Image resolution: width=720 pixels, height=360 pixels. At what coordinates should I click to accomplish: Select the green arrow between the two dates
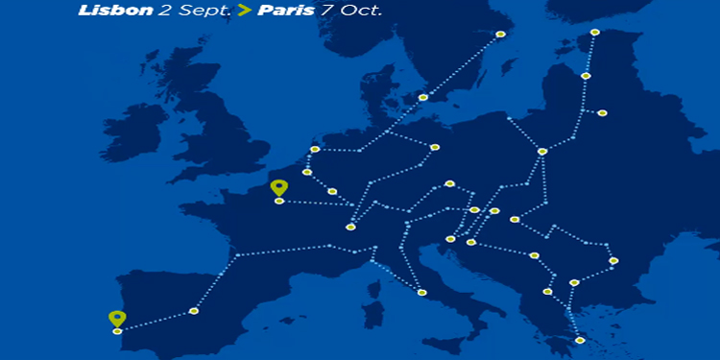click(244, 12)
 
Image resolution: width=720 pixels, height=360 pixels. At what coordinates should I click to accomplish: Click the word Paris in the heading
click(288, 12)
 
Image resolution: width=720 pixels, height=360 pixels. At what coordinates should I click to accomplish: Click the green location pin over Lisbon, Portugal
click(117, 319)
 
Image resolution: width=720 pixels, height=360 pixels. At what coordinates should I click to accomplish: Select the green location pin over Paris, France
click(279, 188)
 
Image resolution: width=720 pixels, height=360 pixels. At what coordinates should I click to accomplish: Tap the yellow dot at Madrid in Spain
click(194, 311)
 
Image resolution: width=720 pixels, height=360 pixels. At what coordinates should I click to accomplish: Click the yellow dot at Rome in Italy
click(422, 292)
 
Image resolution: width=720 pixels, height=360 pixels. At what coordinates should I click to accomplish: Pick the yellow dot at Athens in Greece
click(580, 340)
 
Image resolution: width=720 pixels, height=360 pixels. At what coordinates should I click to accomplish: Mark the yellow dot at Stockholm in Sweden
click(500, 35)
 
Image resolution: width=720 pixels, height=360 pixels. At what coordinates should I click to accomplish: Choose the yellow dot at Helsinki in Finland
click(595, 33)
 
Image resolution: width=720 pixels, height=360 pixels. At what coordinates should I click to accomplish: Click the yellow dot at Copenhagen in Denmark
click(423, 97)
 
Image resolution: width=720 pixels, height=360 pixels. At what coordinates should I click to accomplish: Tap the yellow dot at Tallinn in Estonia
click(586, 76)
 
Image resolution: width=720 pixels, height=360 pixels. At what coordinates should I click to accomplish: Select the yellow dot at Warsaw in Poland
click(542, 151)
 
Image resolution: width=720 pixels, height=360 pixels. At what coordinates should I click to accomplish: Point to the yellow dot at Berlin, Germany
click(435, 147)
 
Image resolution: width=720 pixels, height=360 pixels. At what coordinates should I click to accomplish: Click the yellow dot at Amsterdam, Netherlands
click(315, 149)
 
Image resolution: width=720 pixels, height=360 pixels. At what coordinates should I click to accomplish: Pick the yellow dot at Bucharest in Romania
click(613, 260)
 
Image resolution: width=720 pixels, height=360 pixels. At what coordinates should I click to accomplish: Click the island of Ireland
click(134, 132)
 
